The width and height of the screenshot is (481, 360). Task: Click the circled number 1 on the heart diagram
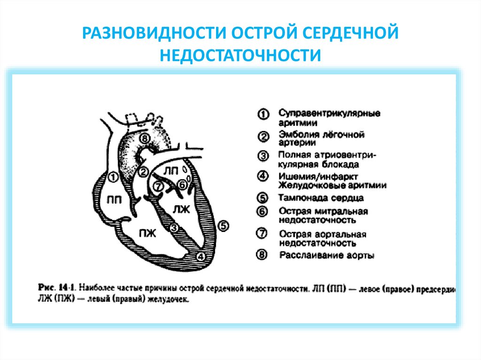tap(113, 177)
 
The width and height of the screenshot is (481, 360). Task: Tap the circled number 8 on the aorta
tap(145, 138)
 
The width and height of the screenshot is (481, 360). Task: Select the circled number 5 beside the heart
tap(224, 226)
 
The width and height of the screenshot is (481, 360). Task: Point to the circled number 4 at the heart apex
tap(201, 256)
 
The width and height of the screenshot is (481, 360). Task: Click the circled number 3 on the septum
tap(174, 228)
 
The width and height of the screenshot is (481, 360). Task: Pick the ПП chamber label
tap(115, 199)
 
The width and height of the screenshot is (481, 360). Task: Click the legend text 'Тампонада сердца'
tap(321, 198)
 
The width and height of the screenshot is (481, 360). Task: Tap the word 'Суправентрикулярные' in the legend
tap(329, 114)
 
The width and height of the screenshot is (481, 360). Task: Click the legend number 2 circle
tap(263, 137)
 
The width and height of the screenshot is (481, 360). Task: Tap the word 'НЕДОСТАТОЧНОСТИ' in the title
tap(240, 55)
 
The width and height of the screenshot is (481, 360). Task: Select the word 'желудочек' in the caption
tap(170, 299)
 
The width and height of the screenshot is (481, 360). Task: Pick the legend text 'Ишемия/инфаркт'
tap(318, 176)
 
